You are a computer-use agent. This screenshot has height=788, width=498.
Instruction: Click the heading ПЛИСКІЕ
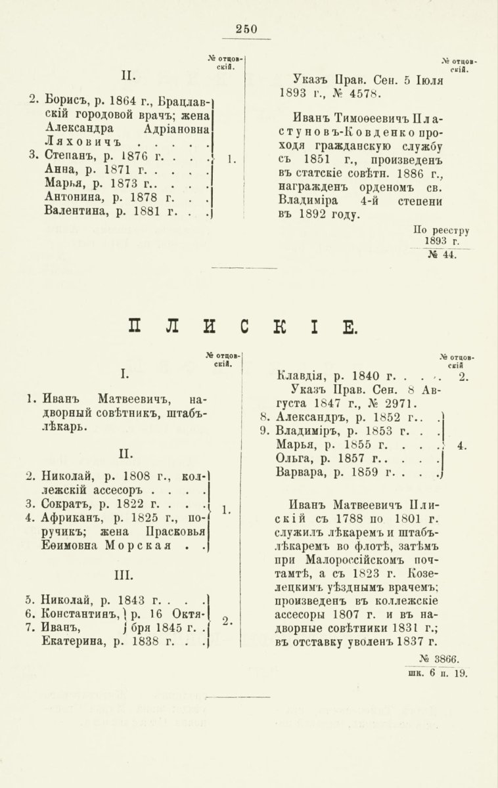click(242, 326)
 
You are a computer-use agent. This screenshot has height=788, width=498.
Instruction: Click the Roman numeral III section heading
click(123, 575)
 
